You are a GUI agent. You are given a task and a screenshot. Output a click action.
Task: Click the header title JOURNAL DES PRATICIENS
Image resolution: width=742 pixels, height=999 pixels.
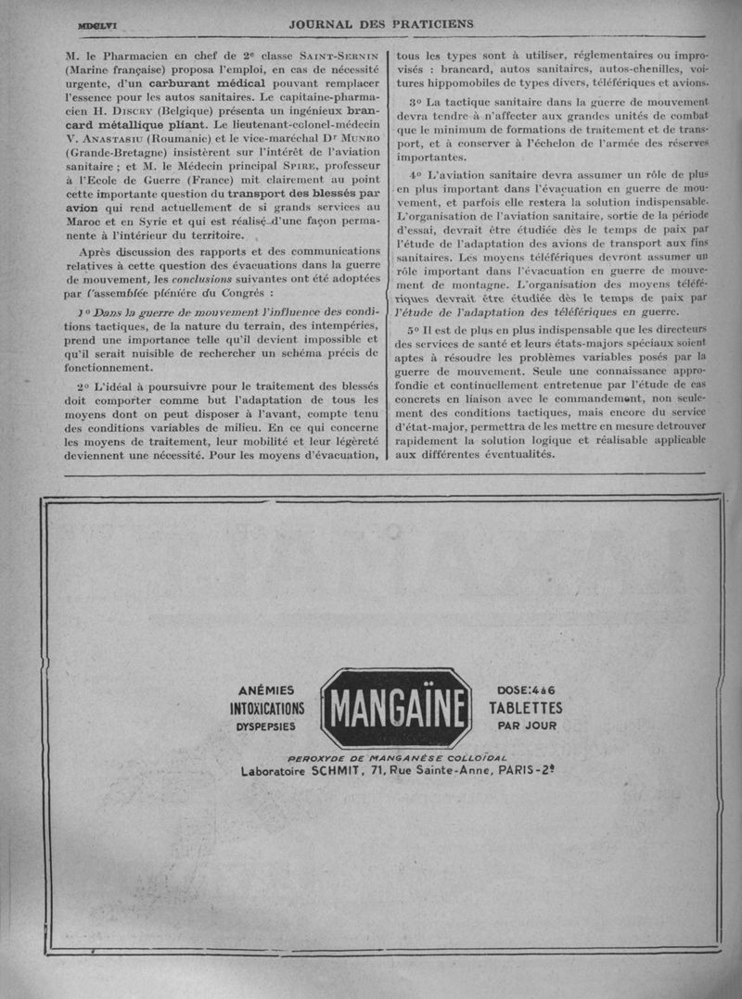[381, 23]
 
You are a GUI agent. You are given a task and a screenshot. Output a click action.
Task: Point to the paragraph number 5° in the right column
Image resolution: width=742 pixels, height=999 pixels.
[415, 331]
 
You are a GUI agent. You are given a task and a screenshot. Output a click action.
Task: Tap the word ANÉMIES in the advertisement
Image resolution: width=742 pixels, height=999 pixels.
[266, 690]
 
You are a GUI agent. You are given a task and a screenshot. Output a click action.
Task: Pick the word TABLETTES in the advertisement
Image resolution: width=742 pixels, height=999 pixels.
[525, 708]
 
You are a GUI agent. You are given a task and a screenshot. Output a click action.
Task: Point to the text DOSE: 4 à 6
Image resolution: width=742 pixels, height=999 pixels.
[525, 690]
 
